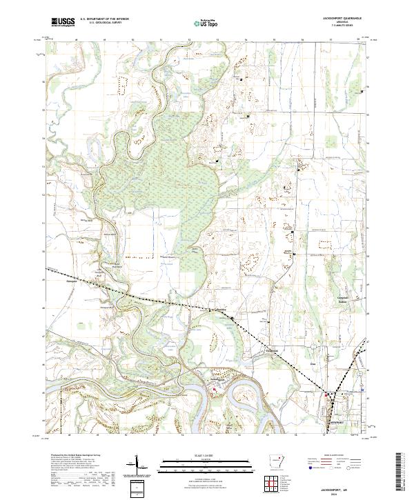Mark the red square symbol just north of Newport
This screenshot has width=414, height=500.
(326, 394)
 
